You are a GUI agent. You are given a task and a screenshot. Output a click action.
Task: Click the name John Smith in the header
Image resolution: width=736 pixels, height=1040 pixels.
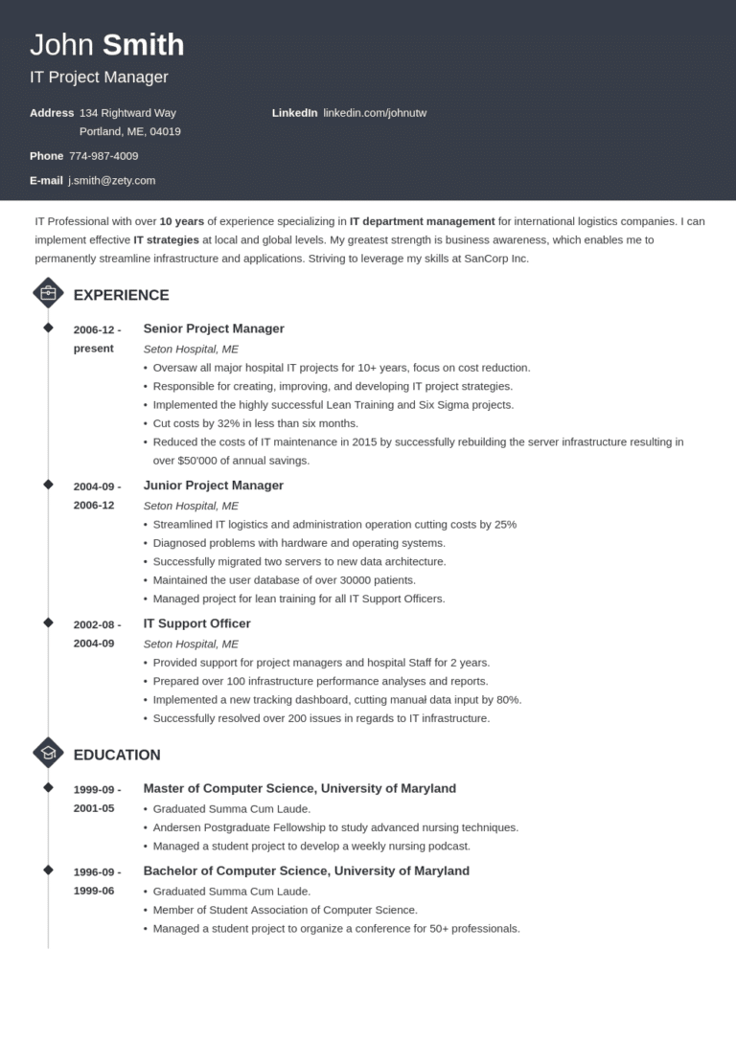106,45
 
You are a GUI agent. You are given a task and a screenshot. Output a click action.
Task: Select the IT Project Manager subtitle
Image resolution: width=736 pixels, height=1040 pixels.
99,78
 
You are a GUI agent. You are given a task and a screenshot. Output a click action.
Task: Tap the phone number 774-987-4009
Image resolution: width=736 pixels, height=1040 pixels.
103,156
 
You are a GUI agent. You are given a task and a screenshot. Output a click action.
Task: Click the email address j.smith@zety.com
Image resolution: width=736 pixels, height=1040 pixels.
111,180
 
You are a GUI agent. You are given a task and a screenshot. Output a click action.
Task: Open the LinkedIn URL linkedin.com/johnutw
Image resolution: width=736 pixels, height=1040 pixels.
375,113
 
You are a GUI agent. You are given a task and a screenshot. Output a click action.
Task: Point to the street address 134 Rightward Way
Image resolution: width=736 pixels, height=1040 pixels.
127,113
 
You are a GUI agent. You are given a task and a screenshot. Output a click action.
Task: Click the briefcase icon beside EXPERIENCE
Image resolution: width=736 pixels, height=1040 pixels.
48,293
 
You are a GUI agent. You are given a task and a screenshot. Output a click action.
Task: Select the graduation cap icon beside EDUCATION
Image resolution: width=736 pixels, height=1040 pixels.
48,754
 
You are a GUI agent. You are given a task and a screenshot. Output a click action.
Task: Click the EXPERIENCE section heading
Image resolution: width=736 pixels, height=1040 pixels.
121,295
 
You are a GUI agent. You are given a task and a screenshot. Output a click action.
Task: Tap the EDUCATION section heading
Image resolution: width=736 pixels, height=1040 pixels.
117,755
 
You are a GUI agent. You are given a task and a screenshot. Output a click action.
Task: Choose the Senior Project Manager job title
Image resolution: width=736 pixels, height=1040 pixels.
214,328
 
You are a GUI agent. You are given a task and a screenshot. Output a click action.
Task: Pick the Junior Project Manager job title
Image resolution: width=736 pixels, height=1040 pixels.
214,486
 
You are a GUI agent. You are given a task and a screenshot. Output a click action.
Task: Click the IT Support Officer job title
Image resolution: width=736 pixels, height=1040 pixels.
196,623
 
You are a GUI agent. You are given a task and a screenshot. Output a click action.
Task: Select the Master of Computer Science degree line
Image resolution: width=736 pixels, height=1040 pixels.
299,788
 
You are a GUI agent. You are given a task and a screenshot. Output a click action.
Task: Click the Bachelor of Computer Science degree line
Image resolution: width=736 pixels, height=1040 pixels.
306,870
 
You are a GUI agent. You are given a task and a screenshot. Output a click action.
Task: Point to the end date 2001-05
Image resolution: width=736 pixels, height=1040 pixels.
94,808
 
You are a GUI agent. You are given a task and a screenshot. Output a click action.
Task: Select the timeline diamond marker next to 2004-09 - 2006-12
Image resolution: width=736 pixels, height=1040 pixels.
48,485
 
